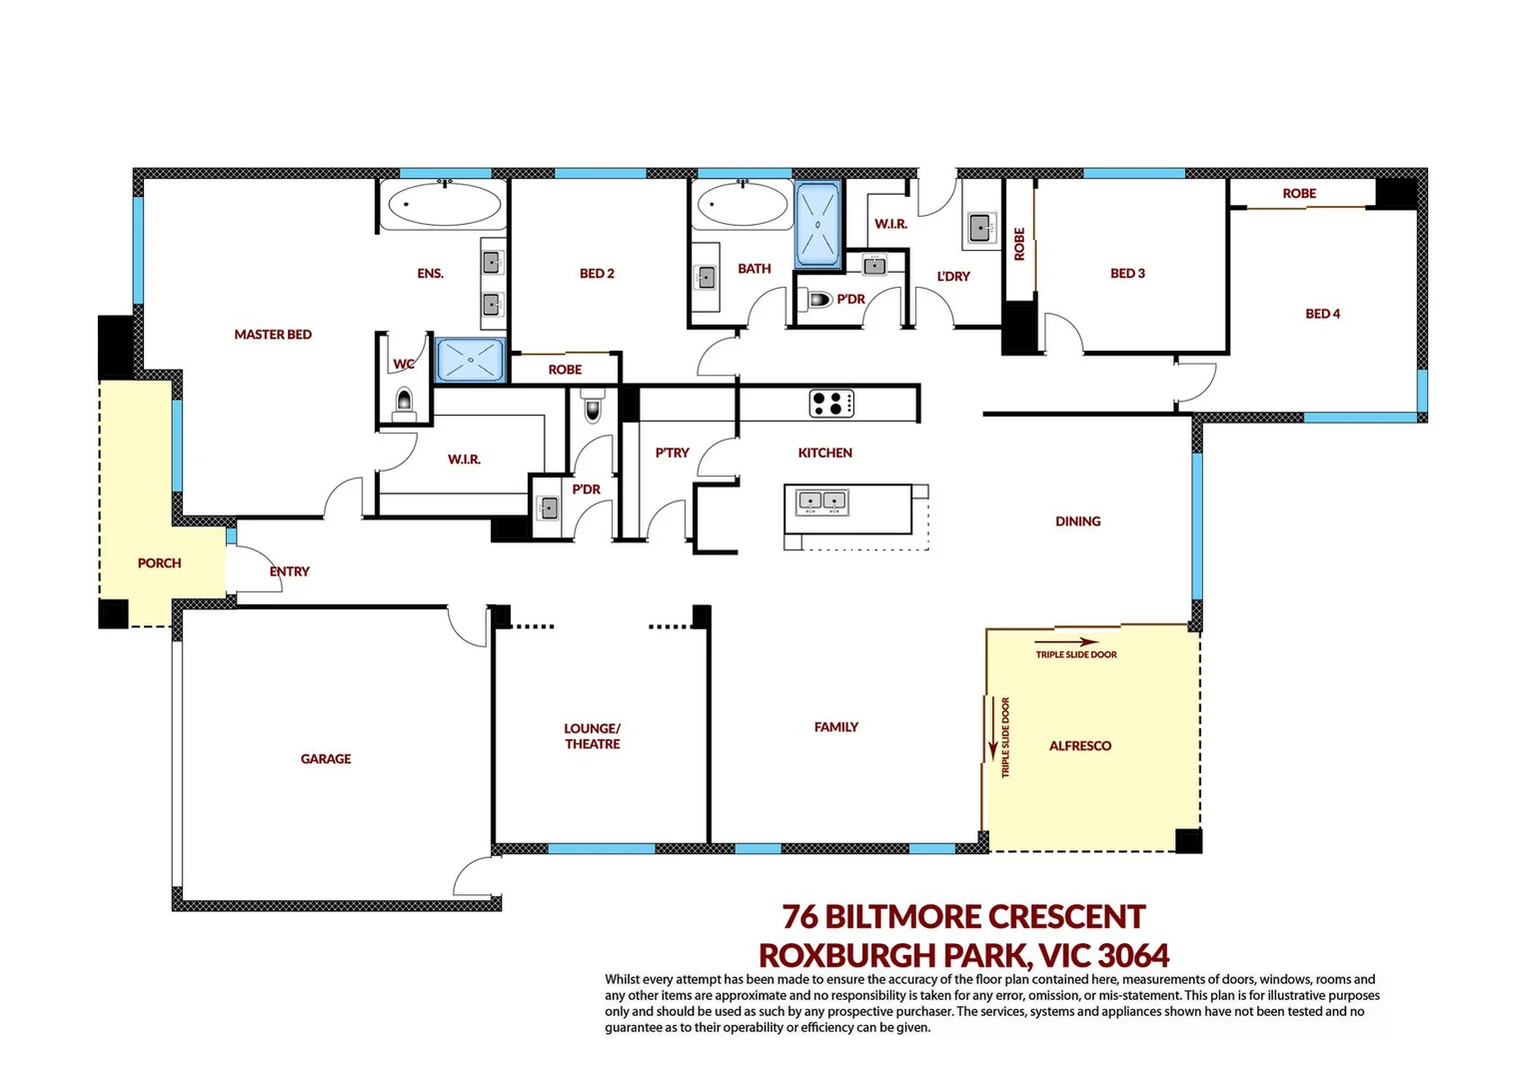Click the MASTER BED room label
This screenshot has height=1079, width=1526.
click(x=273, y=335)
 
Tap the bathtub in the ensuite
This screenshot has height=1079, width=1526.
click(x=444, y=205)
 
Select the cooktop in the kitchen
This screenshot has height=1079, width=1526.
click(x=831, y=404)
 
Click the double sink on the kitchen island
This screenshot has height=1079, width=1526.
click(x=821, y=501)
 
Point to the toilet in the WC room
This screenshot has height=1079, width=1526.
click(x=404, y=402)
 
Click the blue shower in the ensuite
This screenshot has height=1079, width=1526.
click(x=471, y=360)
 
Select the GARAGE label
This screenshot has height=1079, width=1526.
click(x=326, y=759)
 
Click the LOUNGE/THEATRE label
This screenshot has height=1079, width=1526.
click(x=593, y=736)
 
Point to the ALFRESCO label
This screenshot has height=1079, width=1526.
click(x=1080, y=746)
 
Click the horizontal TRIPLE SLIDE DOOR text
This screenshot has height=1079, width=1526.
click(x=1076, y=655)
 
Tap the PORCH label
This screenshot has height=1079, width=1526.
click(x=160, y=563)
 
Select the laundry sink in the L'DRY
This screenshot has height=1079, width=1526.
click(x=980, y=227)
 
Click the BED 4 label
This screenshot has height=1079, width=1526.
click(x=1322, y=314)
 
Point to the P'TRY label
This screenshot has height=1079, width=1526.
click(x=673, y=453)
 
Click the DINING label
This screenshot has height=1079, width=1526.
click(x=1077, y=522)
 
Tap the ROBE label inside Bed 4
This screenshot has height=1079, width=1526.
click(x=1299, y=194)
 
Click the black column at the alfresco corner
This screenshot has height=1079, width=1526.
click(x=1188, y=841)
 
